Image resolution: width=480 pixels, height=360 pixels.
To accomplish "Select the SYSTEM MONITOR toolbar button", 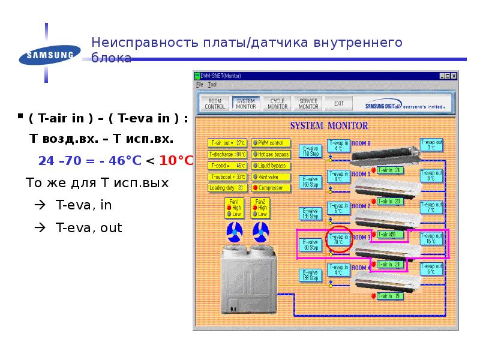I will pos(246,103).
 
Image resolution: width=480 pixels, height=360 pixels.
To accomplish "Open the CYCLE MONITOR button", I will pos(277,103).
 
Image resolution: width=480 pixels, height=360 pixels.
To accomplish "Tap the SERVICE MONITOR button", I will pos(308,103).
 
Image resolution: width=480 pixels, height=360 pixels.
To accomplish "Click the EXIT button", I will pos(339,103).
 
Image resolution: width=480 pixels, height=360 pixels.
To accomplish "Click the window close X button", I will pos(455,76).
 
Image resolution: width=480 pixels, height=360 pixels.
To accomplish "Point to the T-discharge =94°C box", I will pos(228,154).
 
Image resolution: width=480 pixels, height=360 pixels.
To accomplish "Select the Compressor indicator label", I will pos(271,188).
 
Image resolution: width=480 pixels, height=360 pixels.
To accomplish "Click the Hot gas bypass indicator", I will pos(271,154).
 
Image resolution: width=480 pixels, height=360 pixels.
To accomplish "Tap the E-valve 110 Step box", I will pos(310,151).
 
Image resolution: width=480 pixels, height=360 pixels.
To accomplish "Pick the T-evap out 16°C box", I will pos(432,238).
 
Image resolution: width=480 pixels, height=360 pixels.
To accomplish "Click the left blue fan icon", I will pos(233,231).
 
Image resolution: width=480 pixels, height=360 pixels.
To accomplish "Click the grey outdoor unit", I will pos(247,279).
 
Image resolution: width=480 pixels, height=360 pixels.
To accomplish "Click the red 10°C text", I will pos(176,161).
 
